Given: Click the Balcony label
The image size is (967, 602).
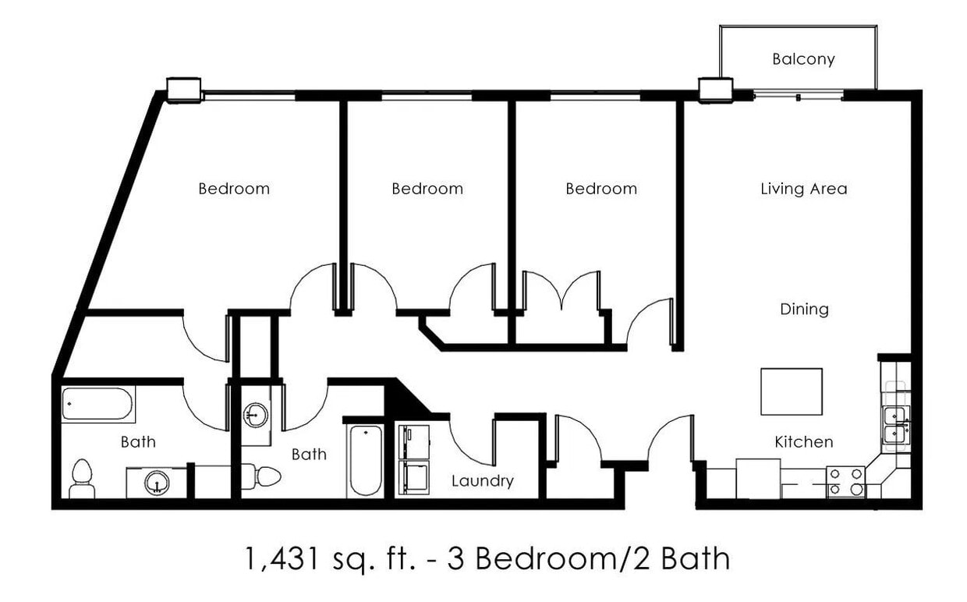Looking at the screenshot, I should (803, 59).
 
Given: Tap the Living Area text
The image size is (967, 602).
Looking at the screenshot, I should (803, 189).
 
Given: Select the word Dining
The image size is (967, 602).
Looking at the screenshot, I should (804, 310).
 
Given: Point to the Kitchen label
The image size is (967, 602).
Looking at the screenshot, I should (803, 442).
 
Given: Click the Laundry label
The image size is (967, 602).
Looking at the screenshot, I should (483, 481).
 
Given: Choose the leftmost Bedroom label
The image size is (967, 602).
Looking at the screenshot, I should (234, 189).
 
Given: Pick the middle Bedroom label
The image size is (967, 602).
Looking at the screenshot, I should (427, 189).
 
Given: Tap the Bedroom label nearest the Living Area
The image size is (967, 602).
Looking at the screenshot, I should (601, 189).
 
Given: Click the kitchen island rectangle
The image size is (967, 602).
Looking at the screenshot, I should (792, 391).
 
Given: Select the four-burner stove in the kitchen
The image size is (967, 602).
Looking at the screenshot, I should (845, 481).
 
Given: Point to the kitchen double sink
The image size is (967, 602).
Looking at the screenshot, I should (895, 424).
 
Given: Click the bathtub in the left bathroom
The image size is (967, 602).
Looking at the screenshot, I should (98, 404).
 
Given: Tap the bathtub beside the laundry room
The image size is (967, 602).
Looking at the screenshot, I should (365, 460).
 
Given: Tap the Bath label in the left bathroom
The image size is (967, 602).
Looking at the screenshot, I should (138, 442).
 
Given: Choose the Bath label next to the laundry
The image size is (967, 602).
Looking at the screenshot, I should (309, 454).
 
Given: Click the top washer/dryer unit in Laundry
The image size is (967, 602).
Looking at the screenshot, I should (413, 441).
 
